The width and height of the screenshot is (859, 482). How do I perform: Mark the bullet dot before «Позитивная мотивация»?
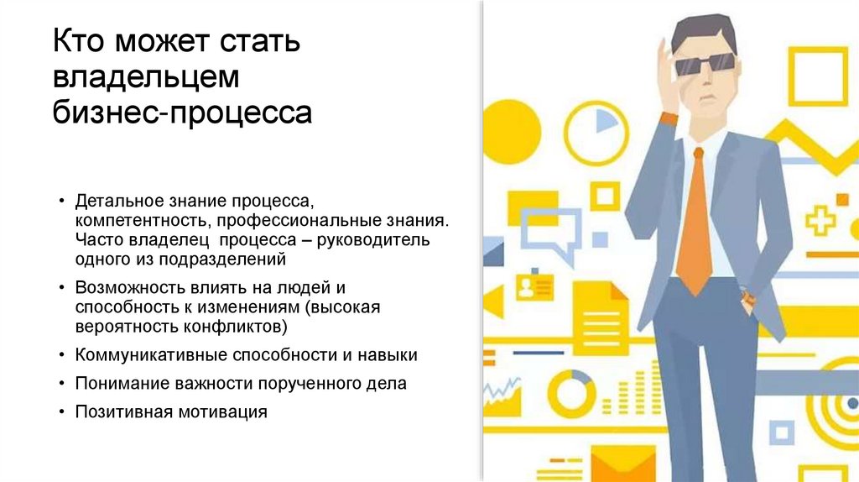pyautogui.click(x=63, y=412)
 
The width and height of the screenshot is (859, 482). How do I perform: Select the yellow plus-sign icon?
pyautogui.click(x=820, y=221)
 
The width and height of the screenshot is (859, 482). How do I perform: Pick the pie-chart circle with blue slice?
pyautogui.click(x=596, y=129)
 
